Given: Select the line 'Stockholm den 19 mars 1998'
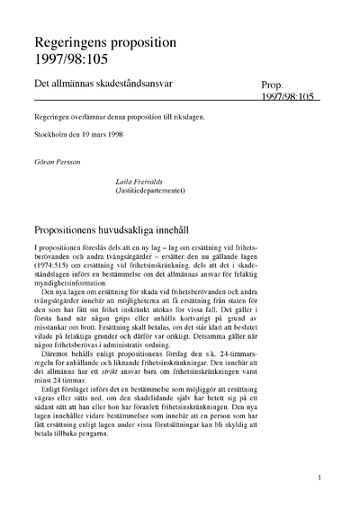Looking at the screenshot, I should [x=85, y=145].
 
